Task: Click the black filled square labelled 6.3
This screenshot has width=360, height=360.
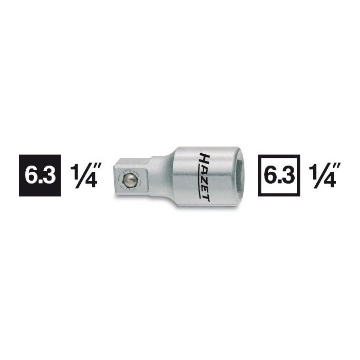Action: pyautogui.click(x=40, y=176)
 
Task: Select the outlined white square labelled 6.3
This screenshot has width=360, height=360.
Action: pyautogui.click(x=279, y=176)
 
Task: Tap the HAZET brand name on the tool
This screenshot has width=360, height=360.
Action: pyautogui.click(x=204, y=176)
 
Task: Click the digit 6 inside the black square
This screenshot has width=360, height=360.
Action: pyautogui.click(x=31, y=176)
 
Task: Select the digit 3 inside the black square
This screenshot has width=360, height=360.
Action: pyautogui.click(x=49, y=176)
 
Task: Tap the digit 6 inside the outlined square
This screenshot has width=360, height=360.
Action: pyautogui.click(x=270, y=176)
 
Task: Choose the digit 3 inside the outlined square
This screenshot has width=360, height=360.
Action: pyautogui.click(x=288, y=176)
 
